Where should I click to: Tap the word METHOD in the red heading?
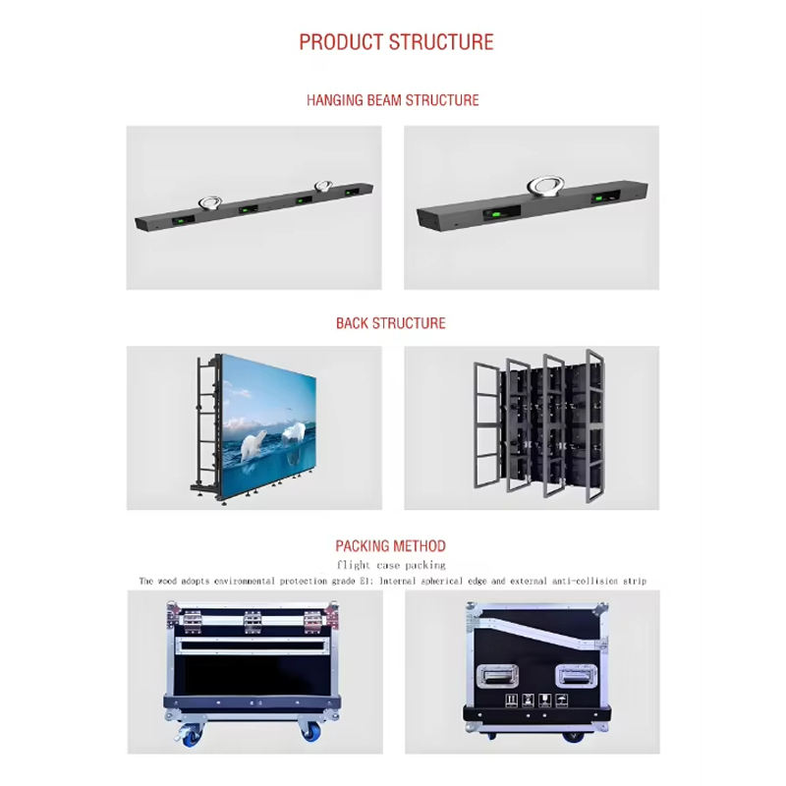[420, 546]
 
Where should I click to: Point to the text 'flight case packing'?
[391, 565]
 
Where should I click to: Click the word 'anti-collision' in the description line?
[567, 581]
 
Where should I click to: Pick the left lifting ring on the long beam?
[207, 200]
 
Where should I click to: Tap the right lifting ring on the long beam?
[323, 184]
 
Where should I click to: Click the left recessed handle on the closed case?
[498, 677]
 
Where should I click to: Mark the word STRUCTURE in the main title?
[441, 42]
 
